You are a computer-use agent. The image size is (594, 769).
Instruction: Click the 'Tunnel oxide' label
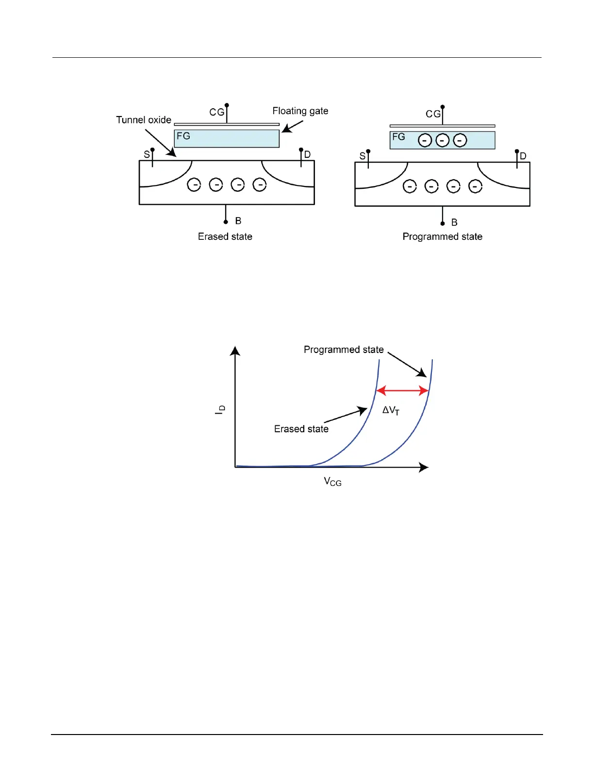click(144, 120)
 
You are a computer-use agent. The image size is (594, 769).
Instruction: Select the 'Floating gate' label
click(300, 111)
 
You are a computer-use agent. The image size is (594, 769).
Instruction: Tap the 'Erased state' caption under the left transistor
click(225, 237)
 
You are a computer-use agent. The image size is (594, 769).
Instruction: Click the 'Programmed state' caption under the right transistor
click(442, 237)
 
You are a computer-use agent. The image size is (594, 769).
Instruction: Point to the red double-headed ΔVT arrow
click(402, 390)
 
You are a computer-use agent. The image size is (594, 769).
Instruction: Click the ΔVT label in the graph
click(391, 411)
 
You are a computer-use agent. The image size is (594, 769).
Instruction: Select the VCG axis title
click(332, 482)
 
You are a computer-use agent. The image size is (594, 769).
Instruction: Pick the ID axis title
click(220, 409)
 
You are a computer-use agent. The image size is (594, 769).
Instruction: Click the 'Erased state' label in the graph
click(301, 429)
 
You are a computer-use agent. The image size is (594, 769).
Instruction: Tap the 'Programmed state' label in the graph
click(344, 350)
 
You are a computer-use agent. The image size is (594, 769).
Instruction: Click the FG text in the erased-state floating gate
click(183, 136)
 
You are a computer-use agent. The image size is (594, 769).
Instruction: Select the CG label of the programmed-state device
click(433, 114)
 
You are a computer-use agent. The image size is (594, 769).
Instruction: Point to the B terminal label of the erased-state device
click(238, 221)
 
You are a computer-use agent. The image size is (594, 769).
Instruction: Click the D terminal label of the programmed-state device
click(523, 156)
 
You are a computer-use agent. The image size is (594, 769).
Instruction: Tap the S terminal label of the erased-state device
click(147, 155)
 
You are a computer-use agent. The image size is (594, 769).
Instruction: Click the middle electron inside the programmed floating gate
click(443, 140)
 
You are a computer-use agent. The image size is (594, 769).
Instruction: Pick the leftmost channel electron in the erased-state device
click(194, 185)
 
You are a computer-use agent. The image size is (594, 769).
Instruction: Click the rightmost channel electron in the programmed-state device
click(475, 186)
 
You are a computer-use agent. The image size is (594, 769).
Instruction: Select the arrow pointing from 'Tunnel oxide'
click(161, 143)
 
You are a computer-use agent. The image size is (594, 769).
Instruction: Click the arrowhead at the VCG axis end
click(424, 467)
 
